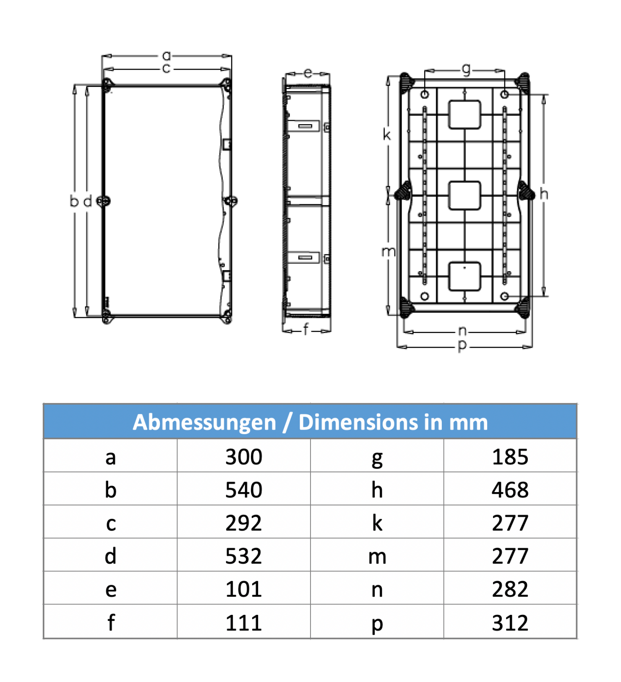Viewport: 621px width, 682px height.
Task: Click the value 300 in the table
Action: click(243, 457)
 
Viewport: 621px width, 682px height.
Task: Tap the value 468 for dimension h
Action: click(510, 490)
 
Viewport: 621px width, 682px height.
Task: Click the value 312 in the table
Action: click(510, 623)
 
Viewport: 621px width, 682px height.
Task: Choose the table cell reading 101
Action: click(243, 589)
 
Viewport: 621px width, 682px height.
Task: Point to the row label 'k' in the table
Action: click(377, 523)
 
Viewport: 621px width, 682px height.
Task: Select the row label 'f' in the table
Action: click(111, 622)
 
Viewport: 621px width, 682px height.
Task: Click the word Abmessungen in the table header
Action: click(204, 422)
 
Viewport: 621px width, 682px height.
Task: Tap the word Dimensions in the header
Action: click(358, 422)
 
